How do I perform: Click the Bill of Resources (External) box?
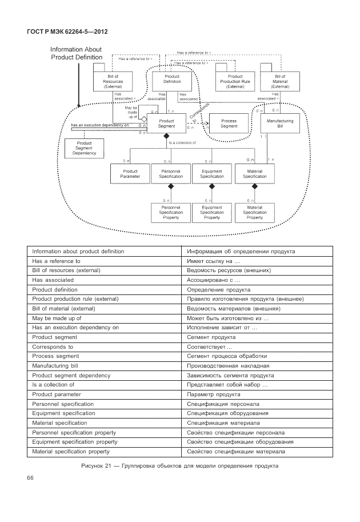(113, 82)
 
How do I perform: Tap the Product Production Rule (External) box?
(235, 82)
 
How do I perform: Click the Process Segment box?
(229, 123)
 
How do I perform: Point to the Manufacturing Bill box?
(280, 123)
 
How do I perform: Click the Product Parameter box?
(130, 174)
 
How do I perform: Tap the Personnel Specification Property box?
(171, 212)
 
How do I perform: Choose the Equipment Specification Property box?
(212, 212)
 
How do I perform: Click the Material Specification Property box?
(254, 212)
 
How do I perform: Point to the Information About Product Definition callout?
(77, 53)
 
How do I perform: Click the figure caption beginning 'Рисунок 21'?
(180, 465)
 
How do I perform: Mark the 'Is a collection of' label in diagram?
(182, 142)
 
